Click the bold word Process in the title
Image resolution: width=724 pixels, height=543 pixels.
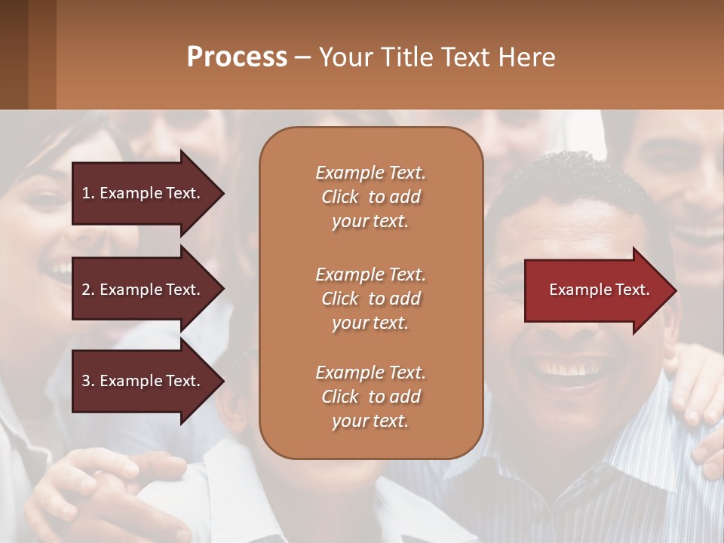click(x=237, y=57)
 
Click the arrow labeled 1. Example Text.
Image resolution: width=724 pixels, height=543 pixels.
click(x=143, y=193)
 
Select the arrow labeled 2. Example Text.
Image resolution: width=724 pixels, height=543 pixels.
click(x=143, y=290)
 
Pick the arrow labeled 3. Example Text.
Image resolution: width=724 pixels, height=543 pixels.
click(x=143, y=382)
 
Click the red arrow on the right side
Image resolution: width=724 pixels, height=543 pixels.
click(x=596, y=290)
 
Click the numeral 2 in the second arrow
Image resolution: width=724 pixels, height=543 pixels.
click(x=86, y=290)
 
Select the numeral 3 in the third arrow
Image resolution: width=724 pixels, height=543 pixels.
click(x=86, y=382)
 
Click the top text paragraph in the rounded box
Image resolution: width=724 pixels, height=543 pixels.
click(x=370, y=197)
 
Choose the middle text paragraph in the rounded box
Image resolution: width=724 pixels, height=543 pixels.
click(x=370, y=298)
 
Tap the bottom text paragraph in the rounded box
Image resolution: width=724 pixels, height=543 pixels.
click(x=370, y=397)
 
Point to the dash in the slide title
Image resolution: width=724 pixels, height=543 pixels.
click(x=302, y=58)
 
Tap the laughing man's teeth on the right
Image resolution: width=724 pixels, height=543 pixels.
click(x=566, y=369)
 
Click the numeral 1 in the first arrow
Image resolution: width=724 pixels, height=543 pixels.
click(x=86, y=193)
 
